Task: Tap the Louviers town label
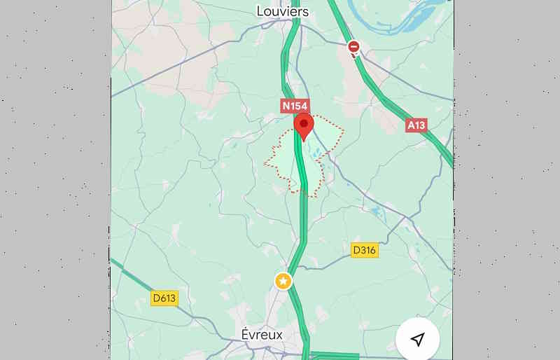[x=282, y=11]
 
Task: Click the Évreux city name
[x=262, y=334]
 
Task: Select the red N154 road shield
[x=295, y=106]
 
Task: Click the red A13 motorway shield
[x=416, y=125]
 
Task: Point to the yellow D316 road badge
[x=364, y=250]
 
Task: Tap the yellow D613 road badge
[x=164, y=298]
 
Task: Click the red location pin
[x=303, y=127]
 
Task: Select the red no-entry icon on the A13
[x=354, y=47]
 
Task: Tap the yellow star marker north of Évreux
[x=283, y=281]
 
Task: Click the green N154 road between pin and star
[x=304, y=210]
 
